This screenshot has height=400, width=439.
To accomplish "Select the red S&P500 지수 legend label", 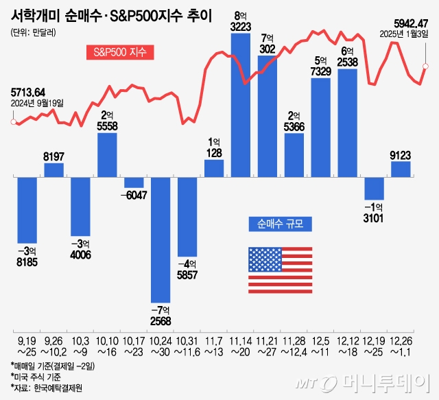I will coord(119,52).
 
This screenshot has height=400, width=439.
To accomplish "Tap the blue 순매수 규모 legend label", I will coord(279,224).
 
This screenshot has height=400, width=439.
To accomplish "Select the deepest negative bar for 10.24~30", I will coord(161,240).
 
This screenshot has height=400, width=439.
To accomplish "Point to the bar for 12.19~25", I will coord(374,189).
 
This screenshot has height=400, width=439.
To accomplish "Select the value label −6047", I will coord(134,195).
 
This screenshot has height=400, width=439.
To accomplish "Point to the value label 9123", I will coord(401,154).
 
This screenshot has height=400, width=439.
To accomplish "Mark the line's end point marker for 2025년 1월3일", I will coord(425,67).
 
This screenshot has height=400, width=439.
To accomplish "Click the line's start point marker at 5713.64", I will coord(13,122).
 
